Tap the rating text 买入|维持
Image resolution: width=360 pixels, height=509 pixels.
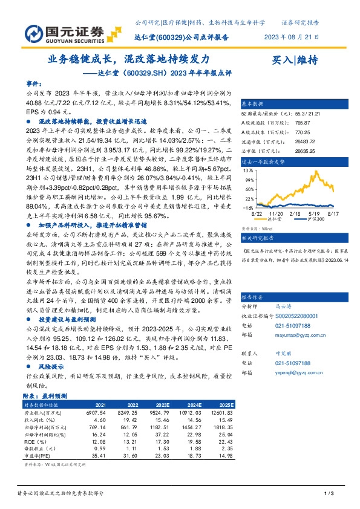[x=295, y=60]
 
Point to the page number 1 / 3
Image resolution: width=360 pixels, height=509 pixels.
[x=330, y=494]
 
